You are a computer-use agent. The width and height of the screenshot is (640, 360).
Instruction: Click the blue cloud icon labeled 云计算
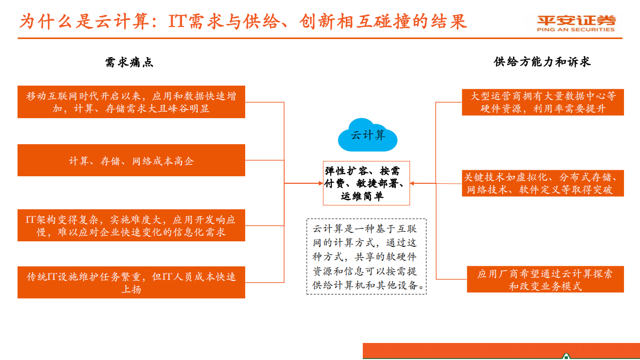tap(368, 135)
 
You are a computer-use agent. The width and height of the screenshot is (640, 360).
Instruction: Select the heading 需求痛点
tap(129, 62)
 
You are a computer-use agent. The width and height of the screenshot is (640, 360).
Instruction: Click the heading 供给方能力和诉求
tap(542, 62)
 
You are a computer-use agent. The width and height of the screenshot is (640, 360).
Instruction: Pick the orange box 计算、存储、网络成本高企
tap(131, 161)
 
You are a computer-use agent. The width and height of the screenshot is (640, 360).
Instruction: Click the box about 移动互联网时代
tap(131, 102)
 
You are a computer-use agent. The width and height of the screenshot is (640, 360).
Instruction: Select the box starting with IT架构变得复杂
tap(131, 226)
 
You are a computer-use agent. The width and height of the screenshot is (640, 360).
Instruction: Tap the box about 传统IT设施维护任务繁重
tap(131, 283)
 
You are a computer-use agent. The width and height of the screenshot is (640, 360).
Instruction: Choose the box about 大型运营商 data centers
tap(543, 102)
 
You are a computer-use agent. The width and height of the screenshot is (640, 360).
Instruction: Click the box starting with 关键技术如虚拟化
tap(543, 183)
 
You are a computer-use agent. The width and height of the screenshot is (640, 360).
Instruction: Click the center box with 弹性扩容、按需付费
tap(366, 183)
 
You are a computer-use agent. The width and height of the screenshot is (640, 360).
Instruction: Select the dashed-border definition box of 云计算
tap(366, 256)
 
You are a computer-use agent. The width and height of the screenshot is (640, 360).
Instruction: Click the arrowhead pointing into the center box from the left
tap(321, 183)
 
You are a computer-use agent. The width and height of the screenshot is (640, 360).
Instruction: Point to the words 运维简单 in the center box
tap(362, 197)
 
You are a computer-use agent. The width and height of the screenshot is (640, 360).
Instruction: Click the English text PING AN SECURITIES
tap(575, 30)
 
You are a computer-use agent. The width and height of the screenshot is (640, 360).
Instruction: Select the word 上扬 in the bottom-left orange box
tap(131, 289)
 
